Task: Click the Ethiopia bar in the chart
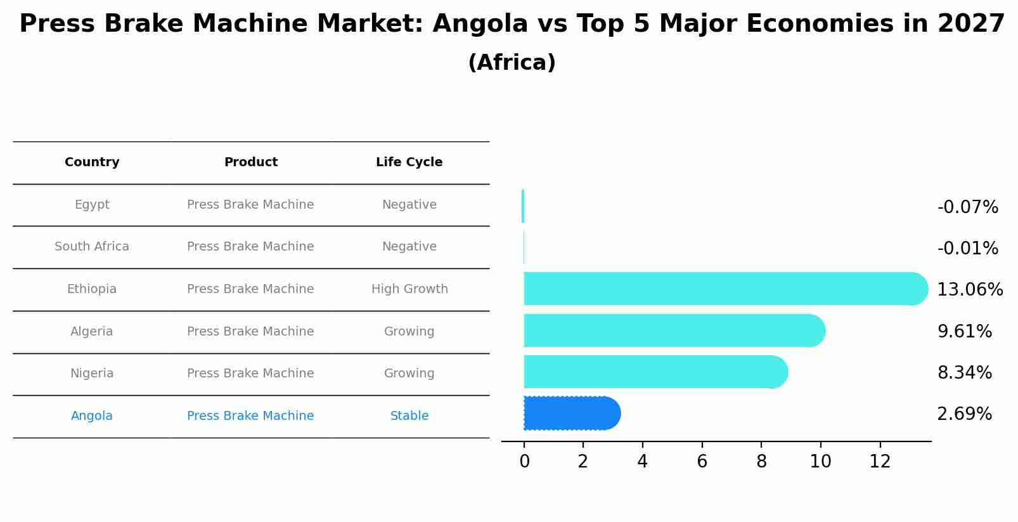coord(723,289)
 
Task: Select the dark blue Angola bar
coord(570,414)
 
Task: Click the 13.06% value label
coord(970,290)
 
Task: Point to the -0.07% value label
coord(967,207)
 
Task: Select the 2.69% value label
coord(964,414)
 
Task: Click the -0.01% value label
coord(967,249)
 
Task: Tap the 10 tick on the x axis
coord(820,462)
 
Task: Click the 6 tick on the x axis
coord(702,462)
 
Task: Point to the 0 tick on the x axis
coord(524,462)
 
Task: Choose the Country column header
coord(92,162)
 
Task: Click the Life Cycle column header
coord(409,162)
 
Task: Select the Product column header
coord(250,162)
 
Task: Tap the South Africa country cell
coord(92,247)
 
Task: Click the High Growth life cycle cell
coord(409,289)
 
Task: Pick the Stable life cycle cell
coord(409,416)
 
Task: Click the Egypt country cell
coord(92,205)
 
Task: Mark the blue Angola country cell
coord(92,416)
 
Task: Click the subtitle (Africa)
coord(512,63)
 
